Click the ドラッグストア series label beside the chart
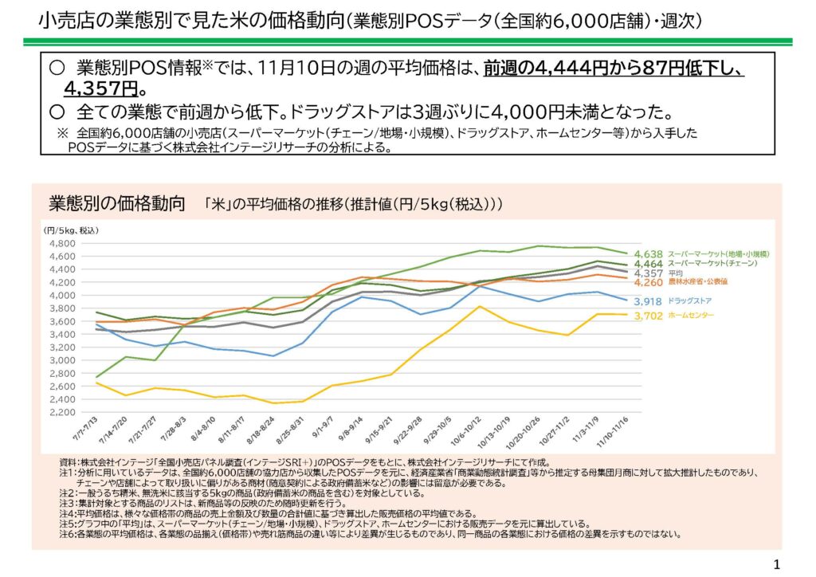(690, 301)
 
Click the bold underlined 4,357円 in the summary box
(101, 87)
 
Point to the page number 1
(776, 565)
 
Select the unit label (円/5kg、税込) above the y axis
(71, 230)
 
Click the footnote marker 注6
(69, 534)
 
